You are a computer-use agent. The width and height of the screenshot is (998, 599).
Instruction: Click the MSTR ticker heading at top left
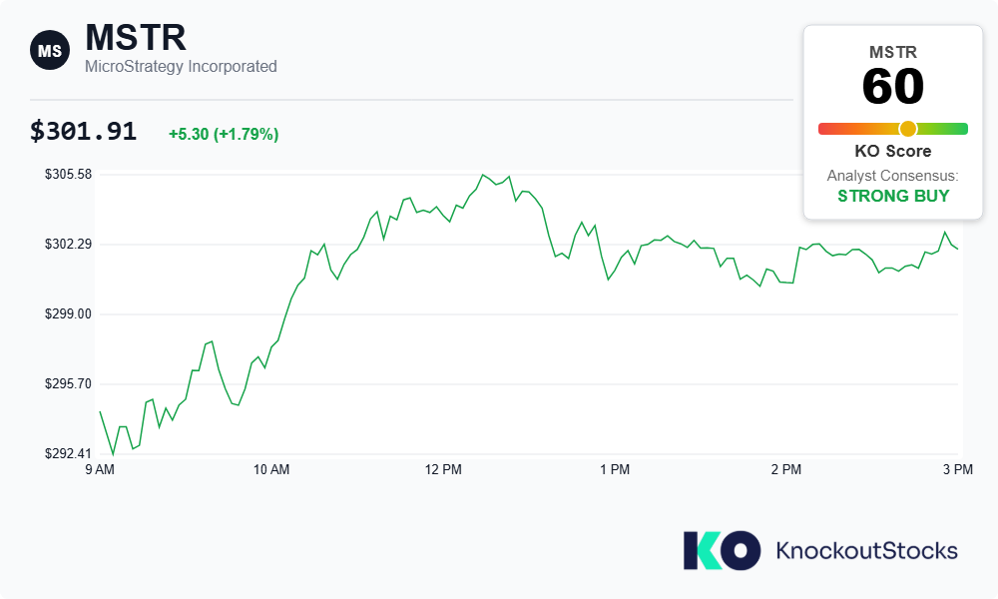136,38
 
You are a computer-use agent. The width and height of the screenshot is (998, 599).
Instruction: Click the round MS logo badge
49,50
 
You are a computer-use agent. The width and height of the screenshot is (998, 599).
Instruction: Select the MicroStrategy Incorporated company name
181,67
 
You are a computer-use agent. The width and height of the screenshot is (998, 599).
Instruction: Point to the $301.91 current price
83,132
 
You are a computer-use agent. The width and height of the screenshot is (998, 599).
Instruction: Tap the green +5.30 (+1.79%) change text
224,134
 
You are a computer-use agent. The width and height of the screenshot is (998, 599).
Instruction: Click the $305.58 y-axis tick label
68,175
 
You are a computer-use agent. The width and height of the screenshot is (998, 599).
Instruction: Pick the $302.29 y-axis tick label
68,245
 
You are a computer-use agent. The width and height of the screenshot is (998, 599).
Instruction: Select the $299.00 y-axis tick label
68,314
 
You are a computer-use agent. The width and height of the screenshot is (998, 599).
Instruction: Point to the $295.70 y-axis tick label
68,384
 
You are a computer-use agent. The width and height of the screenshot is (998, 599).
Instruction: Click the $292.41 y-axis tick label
68,454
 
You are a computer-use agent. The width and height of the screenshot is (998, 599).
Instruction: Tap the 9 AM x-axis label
100,469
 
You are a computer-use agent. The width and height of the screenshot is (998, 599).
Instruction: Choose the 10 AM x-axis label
271,469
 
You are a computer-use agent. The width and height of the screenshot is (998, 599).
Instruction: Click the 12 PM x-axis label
443,469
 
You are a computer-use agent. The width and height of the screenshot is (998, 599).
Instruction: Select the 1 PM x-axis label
615,469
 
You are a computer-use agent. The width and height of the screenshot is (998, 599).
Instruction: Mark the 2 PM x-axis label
786,469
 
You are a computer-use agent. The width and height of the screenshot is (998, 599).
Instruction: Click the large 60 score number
893,88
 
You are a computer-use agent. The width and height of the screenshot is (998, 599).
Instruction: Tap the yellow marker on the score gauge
907,129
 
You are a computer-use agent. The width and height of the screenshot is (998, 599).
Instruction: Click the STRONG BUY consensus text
893,196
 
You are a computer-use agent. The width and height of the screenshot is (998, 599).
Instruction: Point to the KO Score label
893,152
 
